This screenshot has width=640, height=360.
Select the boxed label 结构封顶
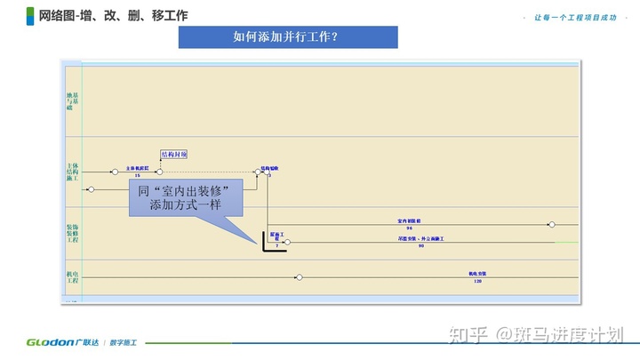(174, 154)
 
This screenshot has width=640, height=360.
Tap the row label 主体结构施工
(72, 172)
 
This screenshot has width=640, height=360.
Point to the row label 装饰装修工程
(72, 234)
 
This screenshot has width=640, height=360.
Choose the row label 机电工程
(72, 278)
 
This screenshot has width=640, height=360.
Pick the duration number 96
(410, 228)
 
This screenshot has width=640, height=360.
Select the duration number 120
(477, 281)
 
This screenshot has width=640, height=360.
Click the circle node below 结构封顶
(159, 172)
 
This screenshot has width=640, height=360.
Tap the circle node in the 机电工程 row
(300, 277)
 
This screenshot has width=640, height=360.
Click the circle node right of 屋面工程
(286, 242)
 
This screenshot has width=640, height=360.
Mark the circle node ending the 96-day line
(551, 225)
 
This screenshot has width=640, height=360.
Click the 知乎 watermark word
(469, 334)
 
